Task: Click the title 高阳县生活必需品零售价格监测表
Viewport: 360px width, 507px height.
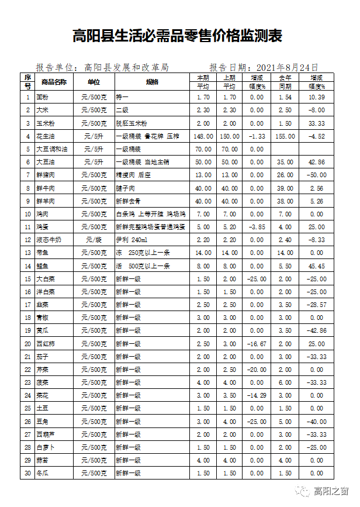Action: (178, 36)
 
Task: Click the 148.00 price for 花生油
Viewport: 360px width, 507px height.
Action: (203, 136)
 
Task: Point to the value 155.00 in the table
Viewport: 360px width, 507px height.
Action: (285, 136)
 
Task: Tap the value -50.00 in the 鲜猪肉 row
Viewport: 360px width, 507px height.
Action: (316, 175)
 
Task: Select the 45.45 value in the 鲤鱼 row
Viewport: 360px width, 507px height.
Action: (316, 266)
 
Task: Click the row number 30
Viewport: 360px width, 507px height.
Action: (27, 472)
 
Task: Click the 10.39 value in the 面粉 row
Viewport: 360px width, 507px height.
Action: (316, 97)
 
